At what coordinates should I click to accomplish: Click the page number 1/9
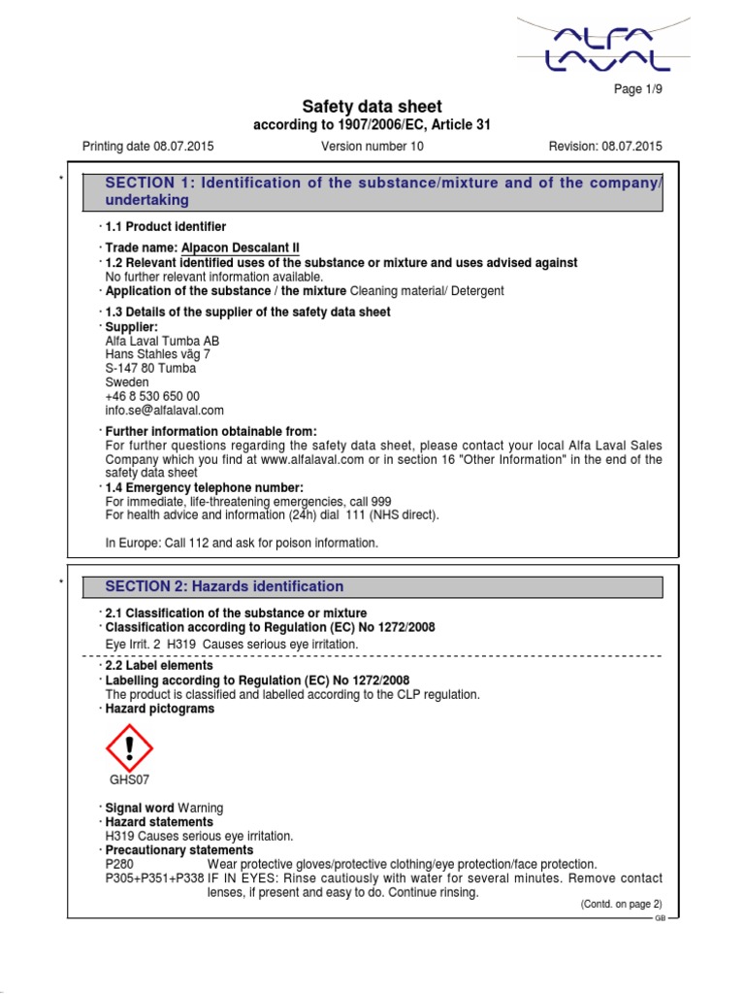pos(638,89)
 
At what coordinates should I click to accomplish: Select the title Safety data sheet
pos(372,107)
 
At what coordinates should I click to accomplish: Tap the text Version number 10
pos(372,147)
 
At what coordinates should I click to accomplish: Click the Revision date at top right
pos(605,147)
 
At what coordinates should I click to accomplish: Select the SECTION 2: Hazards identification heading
pos(224,586)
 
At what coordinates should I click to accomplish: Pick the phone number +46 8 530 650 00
pos(152,396)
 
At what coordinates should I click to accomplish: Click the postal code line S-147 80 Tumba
pos(150,369)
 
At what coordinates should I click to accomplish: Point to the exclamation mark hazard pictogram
pos(128,747)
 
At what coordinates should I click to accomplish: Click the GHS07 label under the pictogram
pos(128,779)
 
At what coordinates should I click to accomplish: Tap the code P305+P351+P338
pos(152,878)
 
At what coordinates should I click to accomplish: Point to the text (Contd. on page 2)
pos(621,904)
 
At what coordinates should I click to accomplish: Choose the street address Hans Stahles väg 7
pos(157,354)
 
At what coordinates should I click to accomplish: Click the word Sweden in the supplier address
pos(127,382)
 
